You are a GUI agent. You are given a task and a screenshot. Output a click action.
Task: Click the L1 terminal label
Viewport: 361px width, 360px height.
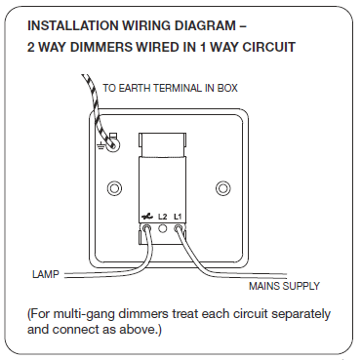click(178, 217)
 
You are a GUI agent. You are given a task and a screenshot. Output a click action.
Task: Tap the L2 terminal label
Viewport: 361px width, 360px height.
click(162, 217)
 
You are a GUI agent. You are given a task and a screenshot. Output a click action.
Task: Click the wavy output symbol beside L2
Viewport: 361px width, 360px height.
click(147, 217)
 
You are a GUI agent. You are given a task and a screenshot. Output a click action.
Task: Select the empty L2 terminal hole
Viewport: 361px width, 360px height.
click(162, 228)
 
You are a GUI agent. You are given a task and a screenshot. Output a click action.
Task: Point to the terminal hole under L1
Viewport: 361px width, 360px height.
click(178, 227)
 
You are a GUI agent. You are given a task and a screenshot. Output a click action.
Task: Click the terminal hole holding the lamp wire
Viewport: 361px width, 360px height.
click(147, 227)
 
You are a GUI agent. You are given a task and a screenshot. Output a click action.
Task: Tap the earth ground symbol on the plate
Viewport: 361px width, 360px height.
click(100, 146)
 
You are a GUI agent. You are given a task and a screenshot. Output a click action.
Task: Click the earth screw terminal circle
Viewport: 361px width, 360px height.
click(112, 145)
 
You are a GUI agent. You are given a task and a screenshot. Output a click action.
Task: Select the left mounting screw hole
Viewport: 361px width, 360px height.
click(114, 188)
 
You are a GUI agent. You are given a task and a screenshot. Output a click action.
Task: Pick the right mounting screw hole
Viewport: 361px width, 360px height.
click(223, 188)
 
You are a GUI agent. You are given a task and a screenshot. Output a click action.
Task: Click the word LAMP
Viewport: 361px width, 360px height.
click(46, 274)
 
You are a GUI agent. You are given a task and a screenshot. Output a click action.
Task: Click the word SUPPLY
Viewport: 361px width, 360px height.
click(301, 286)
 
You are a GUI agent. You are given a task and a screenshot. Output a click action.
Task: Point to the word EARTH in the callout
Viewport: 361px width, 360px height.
click(135, 88)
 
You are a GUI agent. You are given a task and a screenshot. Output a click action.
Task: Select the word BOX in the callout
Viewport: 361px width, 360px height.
click(227, 88)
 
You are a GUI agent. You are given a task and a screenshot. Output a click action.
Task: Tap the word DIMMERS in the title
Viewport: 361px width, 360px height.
click(100, 47)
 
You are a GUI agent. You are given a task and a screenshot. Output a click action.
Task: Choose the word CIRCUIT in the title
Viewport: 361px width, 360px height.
click(268, 47)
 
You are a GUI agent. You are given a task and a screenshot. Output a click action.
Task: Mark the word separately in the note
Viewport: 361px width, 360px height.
click(301, 315)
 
